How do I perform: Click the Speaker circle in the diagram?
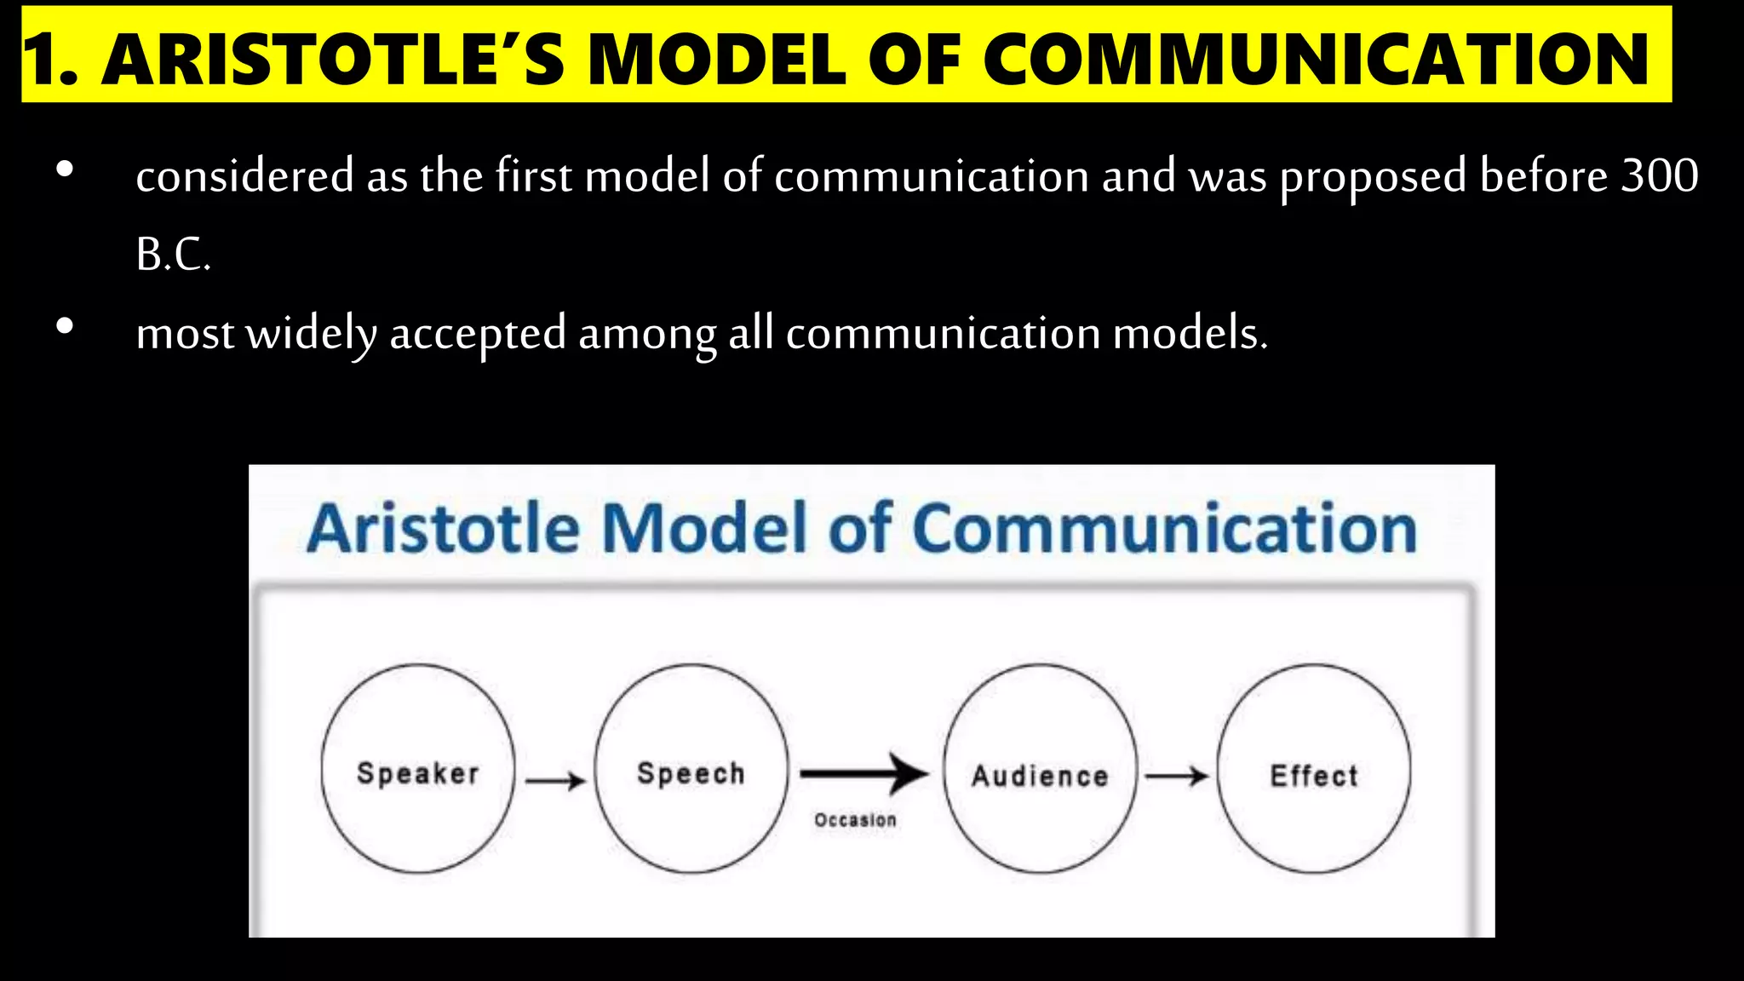pos(417,770)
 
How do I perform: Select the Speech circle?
pos(691,770)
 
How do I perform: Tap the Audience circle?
pos(1040,770)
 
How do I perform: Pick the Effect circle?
pos(1313,770)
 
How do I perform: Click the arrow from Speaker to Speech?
pos(555,780)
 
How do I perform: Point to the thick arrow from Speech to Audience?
pos(863,773)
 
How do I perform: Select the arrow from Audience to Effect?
pos(1176,776)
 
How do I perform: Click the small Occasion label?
pos(855,820)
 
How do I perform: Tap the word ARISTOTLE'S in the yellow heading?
pos(333,60)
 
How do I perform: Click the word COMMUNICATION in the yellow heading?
pos(1317,60)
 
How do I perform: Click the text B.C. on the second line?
pos(173,255)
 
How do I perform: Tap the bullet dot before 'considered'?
pos(65,169)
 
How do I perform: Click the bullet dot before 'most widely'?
pos(65,326)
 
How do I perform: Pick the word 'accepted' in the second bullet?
pos(478,334)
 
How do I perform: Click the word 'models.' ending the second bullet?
pos(1190,333)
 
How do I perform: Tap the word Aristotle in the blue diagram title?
pos(443,529)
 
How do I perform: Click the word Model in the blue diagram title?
pos(704,529)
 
